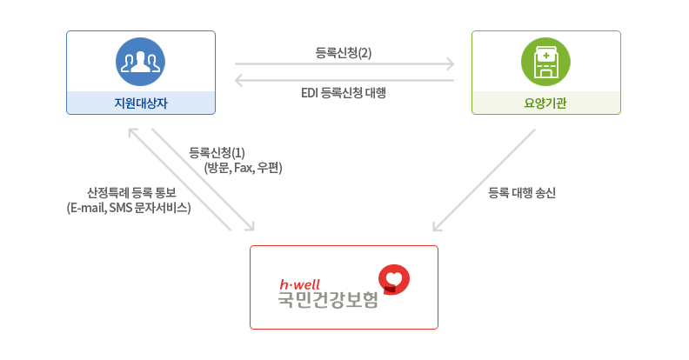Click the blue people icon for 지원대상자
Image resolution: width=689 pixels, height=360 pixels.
pos(140,60)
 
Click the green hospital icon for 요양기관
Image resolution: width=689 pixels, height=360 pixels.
pos(545,60)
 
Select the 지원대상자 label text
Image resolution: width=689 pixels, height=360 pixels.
pos(140,103)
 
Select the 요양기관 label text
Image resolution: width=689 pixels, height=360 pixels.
pos(545,103)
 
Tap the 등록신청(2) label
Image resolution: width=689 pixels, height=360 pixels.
pos(344,52)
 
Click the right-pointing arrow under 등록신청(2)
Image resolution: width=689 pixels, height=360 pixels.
pos(344,64)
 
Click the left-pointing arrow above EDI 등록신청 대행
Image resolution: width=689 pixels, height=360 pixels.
pos(344,81)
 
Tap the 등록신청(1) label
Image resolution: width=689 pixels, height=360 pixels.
pos(217,153)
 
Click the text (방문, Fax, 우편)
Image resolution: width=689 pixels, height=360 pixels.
pos(243,168)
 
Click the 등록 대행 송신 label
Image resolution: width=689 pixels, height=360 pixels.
pos(522,192)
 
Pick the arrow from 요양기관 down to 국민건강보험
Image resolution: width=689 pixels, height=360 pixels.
pos(484,181)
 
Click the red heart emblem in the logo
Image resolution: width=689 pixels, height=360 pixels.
pos(394,279)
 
